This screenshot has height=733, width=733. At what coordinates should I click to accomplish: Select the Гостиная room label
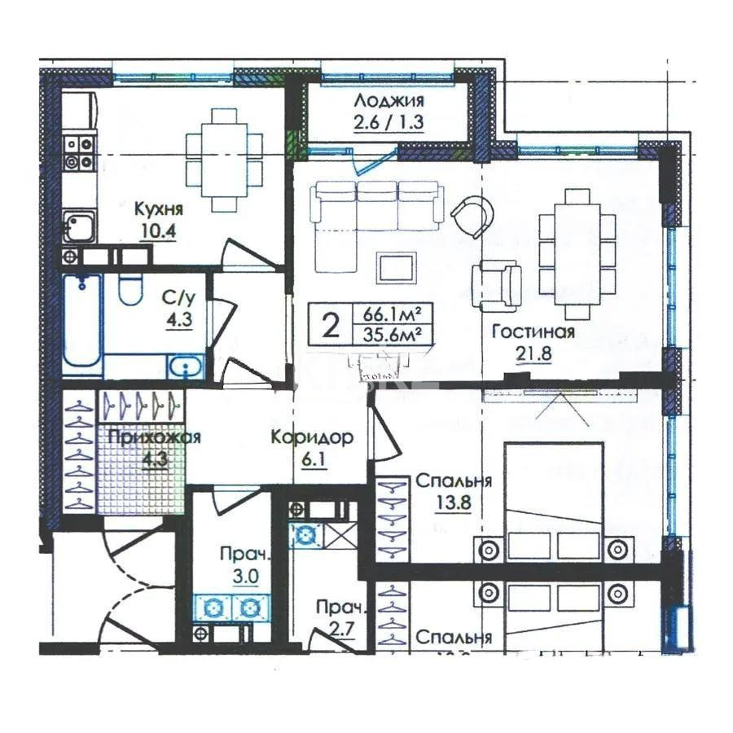click(x=533, y=331)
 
